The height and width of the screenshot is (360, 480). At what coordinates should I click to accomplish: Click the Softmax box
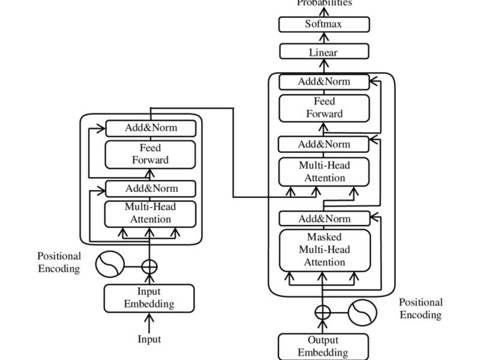tap(324, 25)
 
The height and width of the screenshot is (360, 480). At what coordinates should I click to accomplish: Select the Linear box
tap(324, 52)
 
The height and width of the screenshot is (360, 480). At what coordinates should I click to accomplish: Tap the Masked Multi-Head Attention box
tap(325, 250)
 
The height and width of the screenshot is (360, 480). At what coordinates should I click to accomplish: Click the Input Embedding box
tap(149, 298)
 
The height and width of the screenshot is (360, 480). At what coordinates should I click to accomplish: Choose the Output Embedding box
tap(323, 346)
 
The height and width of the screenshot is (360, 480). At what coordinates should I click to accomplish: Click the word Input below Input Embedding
tap(149, 339)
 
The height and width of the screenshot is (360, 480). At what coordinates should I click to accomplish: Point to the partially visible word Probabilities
tap(324, 3)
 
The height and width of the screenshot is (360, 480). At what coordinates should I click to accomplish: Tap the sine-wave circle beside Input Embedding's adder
tap(110, 265)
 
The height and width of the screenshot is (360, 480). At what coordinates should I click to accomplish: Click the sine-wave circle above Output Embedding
tap(362, 312)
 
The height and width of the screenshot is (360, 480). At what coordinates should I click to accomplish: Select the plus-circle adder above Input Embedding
tap(149, 265)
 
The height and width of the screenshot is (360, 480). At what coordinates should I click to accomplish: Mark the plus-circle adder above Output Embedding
tap(323, 312)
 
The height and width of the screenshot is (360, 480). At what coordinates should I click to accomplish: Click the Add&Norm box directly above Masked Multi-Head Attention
tap(325, 218)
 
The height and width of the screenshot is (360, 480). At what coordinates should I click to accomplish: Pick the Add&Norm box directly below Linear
tap(325, 82)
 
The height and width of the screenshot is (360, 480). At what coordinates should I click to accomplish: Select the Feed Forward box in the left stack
tap(151, 154)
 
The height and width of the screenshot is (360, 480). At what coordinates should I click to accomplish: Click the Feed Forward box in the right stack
tap(325, 108)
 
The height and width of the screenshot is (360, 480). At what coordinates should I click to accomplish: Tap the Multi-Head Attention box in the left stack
tap(151, 214)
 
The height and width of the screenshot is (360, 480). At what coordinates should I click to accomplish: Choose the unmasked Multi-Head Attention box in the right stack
tap(325, 172)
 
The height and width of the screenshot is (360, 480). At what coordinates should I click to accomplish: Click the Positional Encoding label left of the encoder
tap(59, 262)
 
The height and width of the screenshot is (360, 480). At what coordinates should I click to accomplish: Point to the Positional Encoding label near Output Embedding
tap(421, 308)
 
